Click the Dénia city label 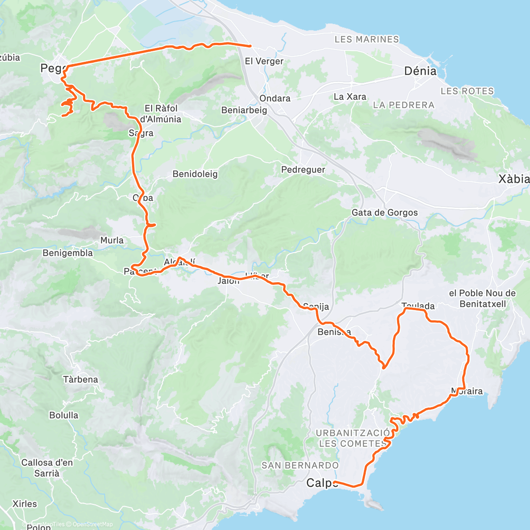(x=420, y=71)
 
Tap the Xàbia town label (x=514, y=179)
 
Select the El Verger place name (x=264, y=61)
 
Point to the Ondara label (x=275, y=98)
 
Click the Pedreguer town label (x=303, y=170)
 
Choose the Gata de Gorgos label (x=384, y=212)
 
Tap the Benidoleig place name (x=195, y=174)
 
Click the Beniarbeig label (x=244, y=110)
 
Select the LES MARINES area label (x=367, y=39)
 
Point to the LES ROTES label (x=467, y=91)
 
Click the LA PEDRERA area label (x=404, y=105)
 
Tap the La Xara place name (x=350, y=97)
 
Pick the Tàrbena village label (x=80, y=379)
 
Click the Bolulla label (x=64, y=415)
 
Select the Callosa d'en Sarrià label (x=47, y=468)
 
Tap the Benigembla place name (x=68, y=253)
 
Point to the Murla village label (x=112, y=240)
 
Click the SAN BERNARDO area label (x=300, y=465)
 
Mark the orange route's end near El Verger (x=250, y=45)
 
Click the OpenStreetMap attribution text (x=92, y=524)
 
